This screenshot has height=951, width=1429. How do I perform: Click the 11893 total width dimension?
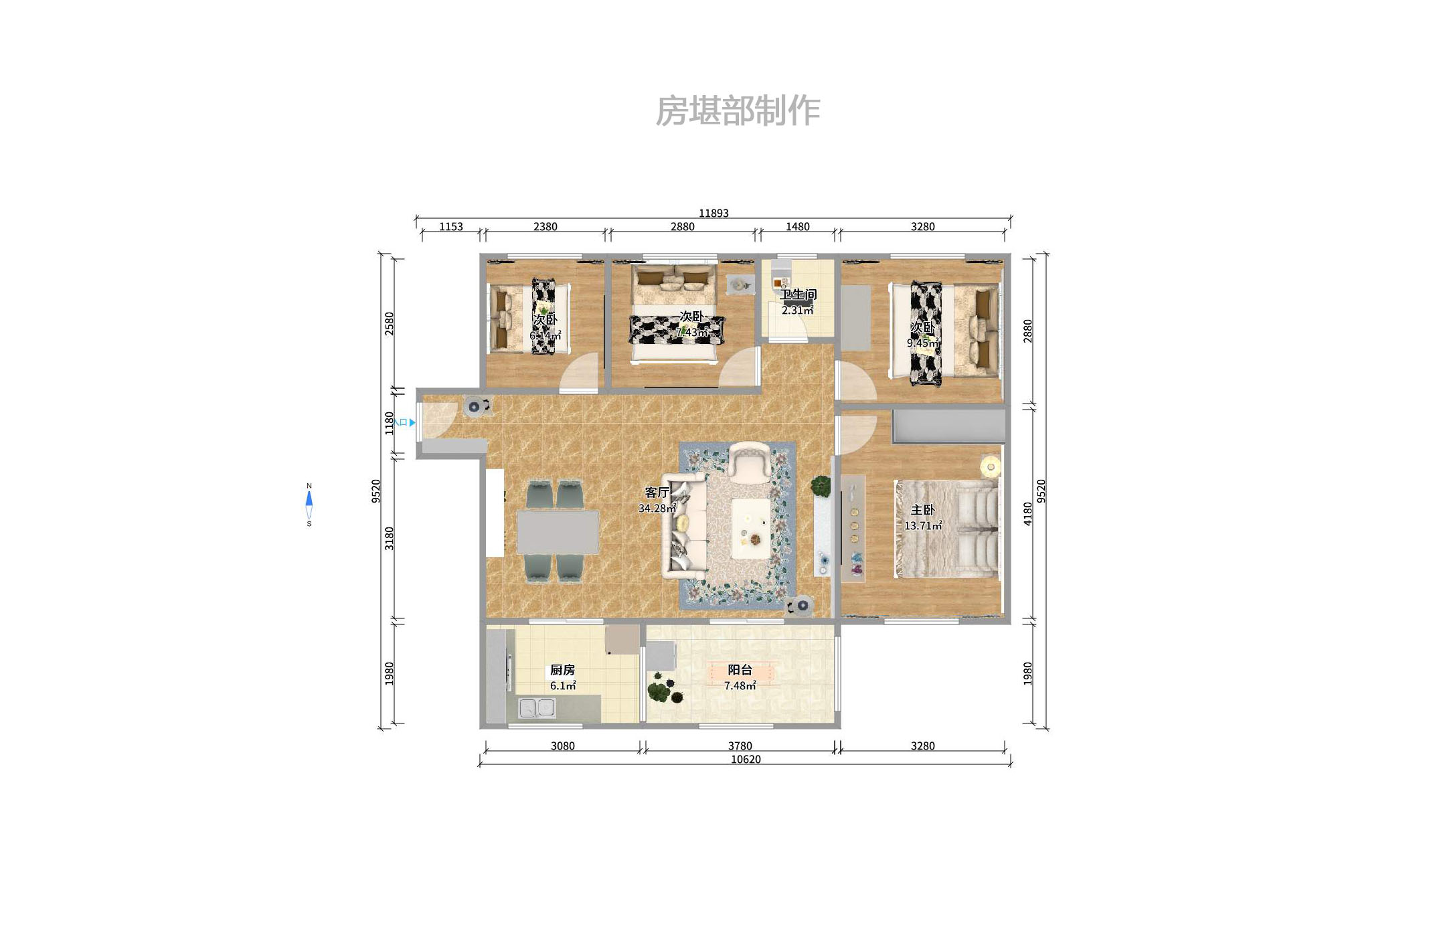coord(713,213)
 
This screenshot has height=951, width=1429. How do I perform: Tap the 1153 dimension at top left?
coord(450,227)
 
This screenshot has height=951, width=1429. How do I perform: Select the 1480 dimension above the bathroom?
coord(797,227)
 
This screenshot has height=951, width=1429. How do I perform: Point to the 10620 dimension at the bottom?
coord(746,760)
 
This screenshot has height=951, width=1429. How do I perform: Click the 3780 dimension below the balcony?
coord(740,746)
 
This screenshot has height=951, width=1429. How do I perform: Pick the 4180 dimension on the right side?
coord(1027,514)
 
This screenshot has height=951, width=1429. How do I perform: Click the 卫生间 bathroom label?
coord(798,294)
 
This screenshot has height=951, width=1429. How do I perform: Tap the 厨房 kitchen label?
coord(562,670)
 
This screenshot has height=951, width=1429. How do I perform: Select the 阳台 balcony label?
coord(740,670)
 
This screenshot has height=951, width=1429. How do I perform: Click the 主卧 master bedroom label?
coord(922,510)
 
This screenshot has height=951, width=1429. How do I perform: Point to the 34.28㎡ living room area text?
coord(657,509)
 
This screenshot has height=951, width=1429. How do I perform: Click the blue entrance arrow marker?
coord(412,423)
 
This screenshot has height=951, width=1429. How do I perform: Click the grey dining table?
coord(558,532)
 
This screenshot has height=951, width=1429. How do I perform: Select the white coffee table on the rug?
coord(754,528)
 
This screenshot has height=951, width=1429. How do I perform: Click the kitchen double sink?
coord(537,707)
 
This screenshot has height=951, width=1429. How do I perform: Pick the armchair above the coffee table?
coord(750,462)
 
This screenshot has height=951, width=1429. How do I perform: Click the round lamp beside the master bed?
coord(990,465)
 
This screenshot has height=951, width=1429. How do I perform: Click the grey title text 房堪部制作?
coord(738,111)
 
